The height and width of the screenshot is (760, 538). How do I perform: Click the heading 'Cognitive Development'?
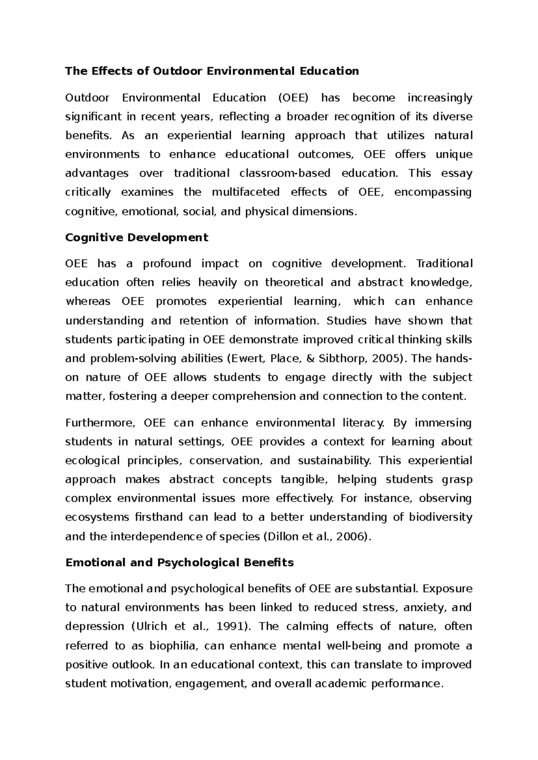[137, 237]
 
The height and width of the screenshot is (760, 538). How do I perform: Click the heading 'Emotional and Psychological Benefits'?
[179, 562]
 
